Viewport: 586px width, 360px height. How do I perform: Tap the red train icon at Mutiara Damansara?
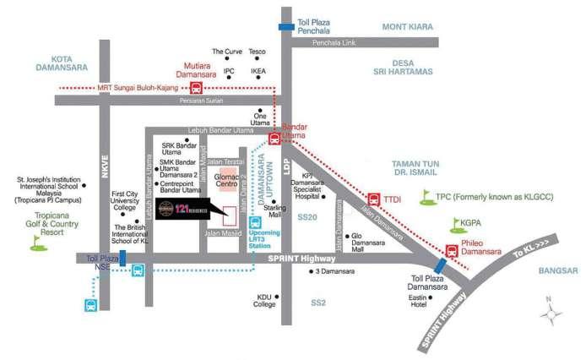[x=196, y=87]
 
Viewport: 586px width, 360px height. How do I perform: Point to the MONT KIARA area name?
[x=408, y=27]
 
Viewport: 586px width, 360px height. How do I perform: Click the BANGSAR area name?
[x=556, y=271]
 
